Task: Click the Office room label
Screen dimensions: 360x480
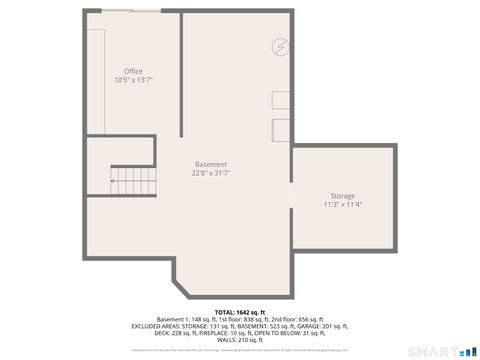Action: [x=133, y=71]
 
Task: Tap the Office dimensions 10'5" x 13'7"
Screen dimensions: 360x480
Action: [x=133, y=80]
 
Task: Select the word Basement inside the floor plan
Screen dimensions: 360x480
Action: [x=210, y=164]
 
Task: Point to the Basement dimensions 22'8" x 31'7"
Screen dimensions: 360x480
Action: [x=210, y=173]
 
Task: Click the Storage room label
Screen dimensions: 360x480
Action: [x=342, y=195]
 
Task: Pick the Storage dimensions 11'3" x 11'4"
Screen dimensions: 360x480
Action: [x=342, y=204]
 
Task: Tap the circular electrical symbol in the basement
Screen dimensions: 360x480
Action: [x=281, y=47]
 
